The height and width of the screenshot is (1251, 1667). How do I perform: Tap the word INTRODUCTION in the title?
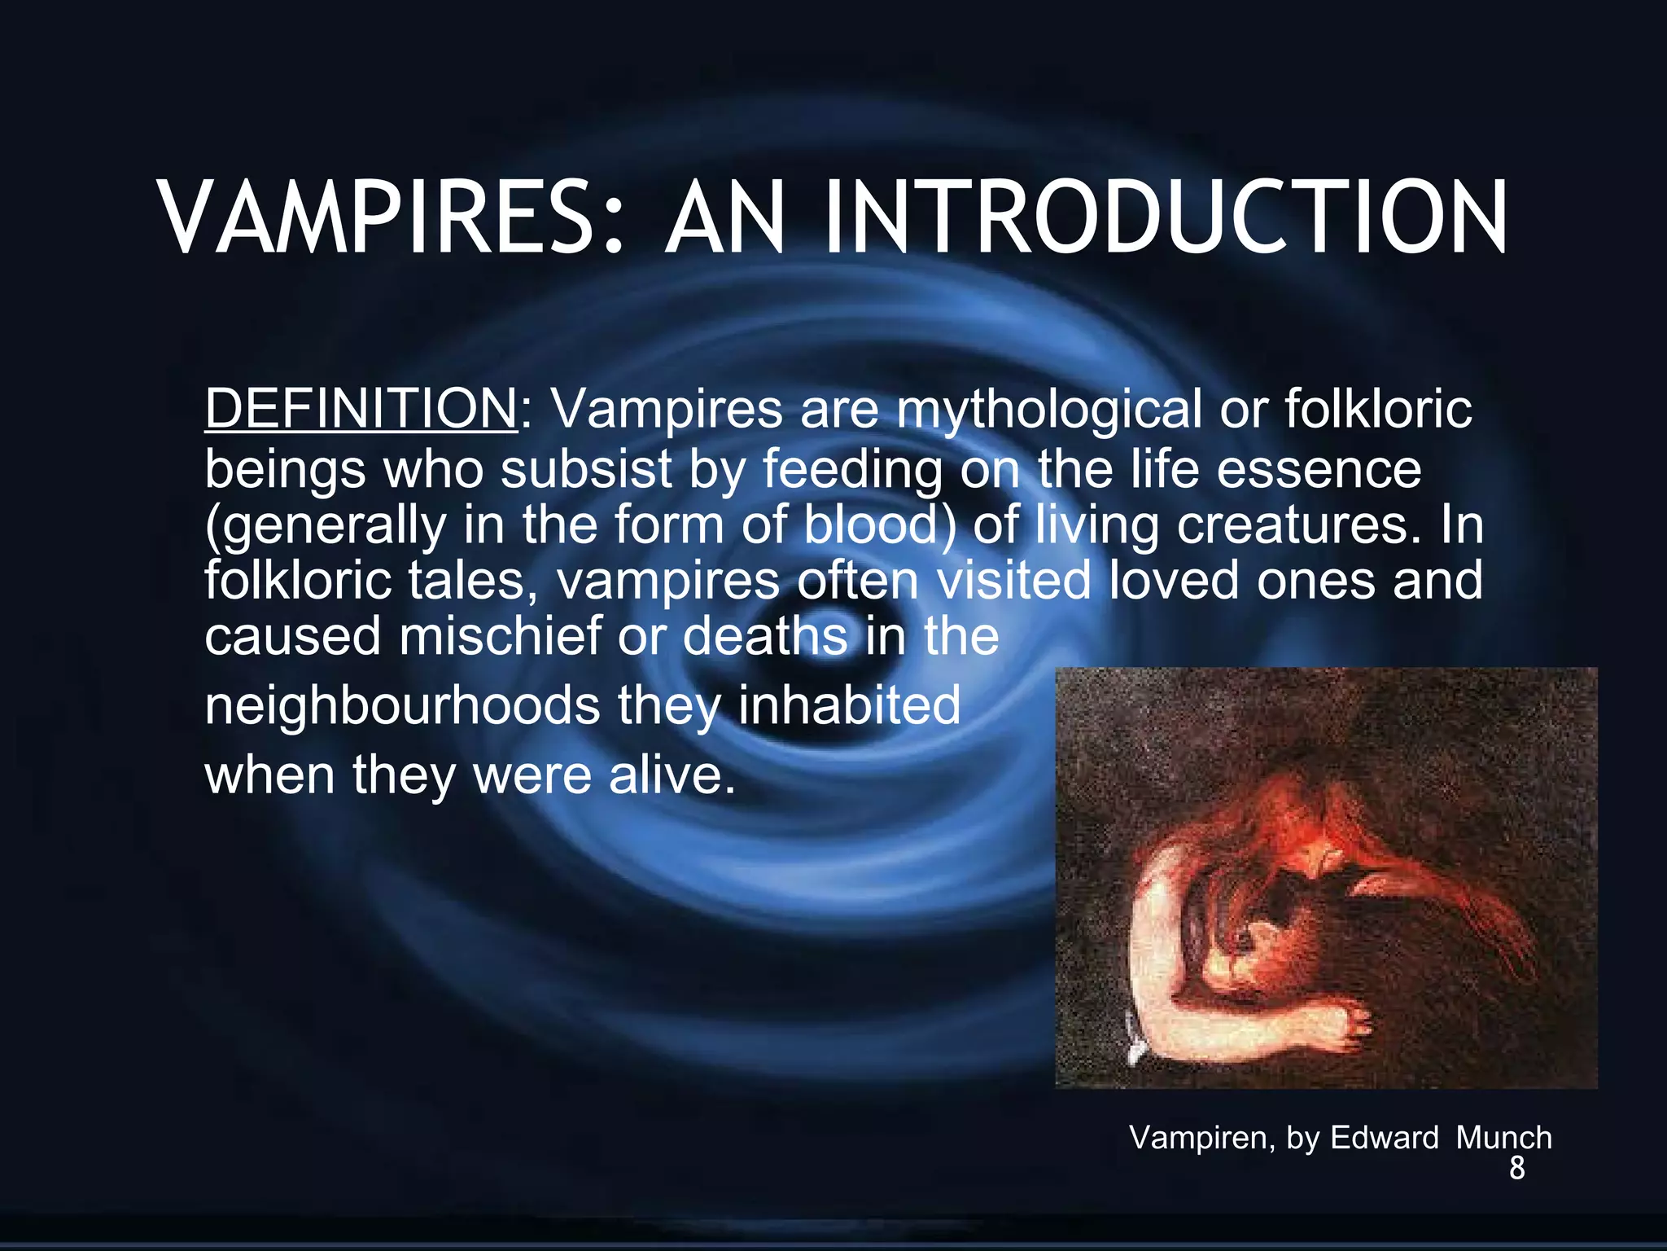tap(1166, 218)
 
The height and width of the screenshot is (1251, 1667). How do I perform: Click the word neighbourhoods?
tap(402, 705)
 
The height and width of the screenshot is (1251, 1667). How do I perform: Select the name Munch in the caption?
tap(1503, 1138)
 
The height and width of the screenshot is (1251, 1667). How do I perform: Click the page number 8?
tap(1516, 1169)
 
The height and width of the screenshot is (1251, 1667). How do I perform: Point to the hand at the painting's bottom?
tap(1351, 1022)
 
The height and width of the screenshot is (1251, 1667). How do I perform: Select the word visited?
tap(1013, 581)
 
